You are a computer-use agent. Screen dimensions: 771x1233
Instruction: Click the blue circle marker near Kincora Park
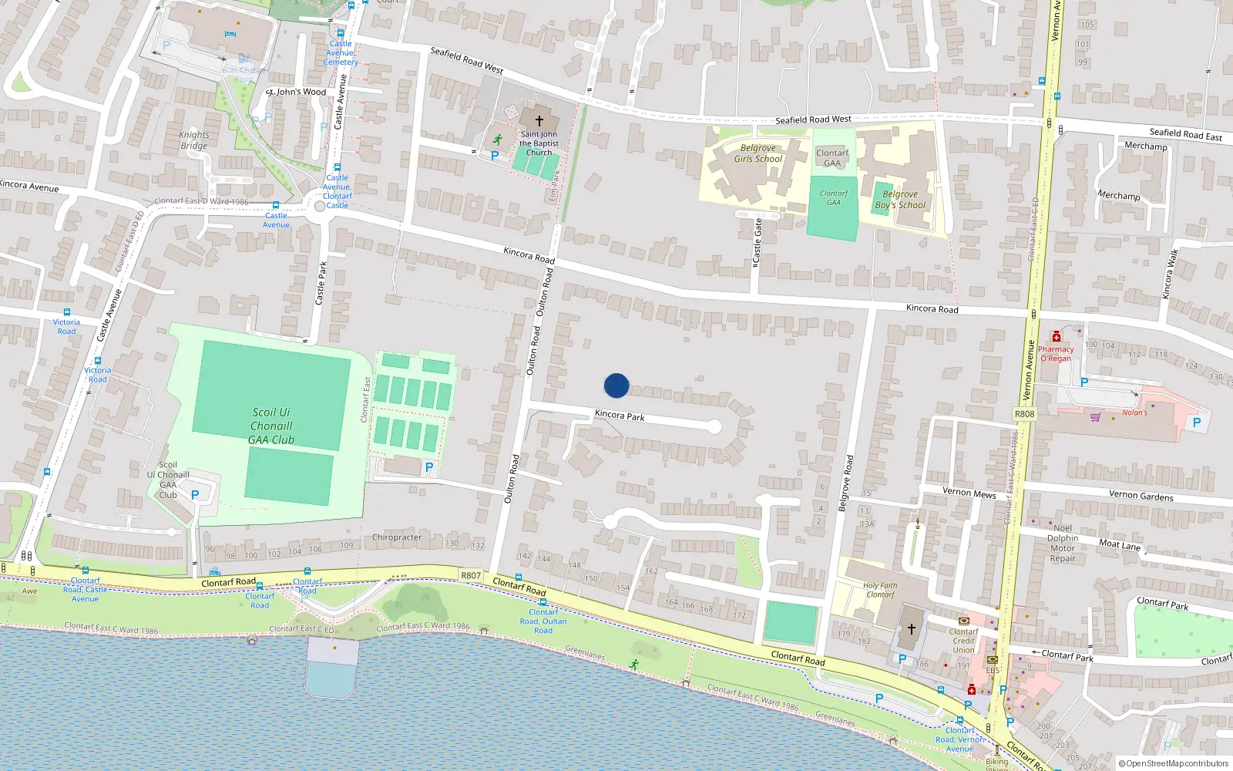[x=616, y=385]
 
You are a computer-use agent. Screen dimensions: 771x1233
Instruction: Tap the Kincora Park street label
[x=620, y=416]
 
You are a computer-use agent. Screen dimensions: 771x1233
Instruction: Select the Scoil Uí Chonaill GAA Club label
[x=271, y=426]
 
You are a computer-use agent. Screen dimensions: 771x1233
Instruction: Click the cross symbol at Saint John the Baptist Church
[x=539, y=121]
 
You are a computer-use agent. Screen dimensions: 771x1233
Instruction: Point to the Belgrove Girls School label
[x=758, y=153]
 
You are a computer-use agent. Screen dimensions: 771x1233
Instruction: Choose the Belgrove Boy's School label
[x=900, y=200]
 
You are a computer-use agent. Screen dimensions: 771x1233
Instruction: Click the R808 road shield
[x=1024, y=414]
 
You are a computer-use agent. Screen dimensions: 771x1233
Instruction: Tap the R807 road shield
[x=471, y=575]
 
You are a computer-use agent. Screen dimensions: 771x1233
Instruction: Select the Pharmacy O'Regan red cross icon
[x=1057, y=337]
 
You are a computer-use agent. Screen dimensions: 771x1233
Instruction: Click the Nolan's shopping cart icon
[x=1095, y=417]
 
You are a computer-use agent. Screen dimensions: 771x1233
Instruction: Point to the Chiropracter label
[x=397, y=537]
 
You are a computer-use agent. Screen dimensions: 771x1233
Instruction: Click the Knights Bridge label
[x=194, y=140]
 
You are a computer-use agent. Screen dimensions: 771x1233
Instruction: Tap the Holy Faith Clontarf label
[x=880, y=590]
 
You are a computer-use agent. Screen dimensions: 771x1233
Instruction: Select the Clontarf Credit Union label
[x=963, y=641]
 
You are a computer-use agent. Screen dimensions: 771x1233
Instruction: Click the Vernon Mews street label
[x=969, y=492]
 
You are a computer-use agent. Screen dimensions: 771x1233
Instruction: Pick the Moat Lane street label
[x=1120, y=545]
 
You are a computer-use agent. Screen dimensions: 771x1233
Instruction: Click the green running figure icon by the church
[x=498, y=140]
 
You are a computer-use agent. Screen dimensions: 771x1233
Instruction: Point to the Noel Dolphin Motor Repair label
[x=1063, y=544]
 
